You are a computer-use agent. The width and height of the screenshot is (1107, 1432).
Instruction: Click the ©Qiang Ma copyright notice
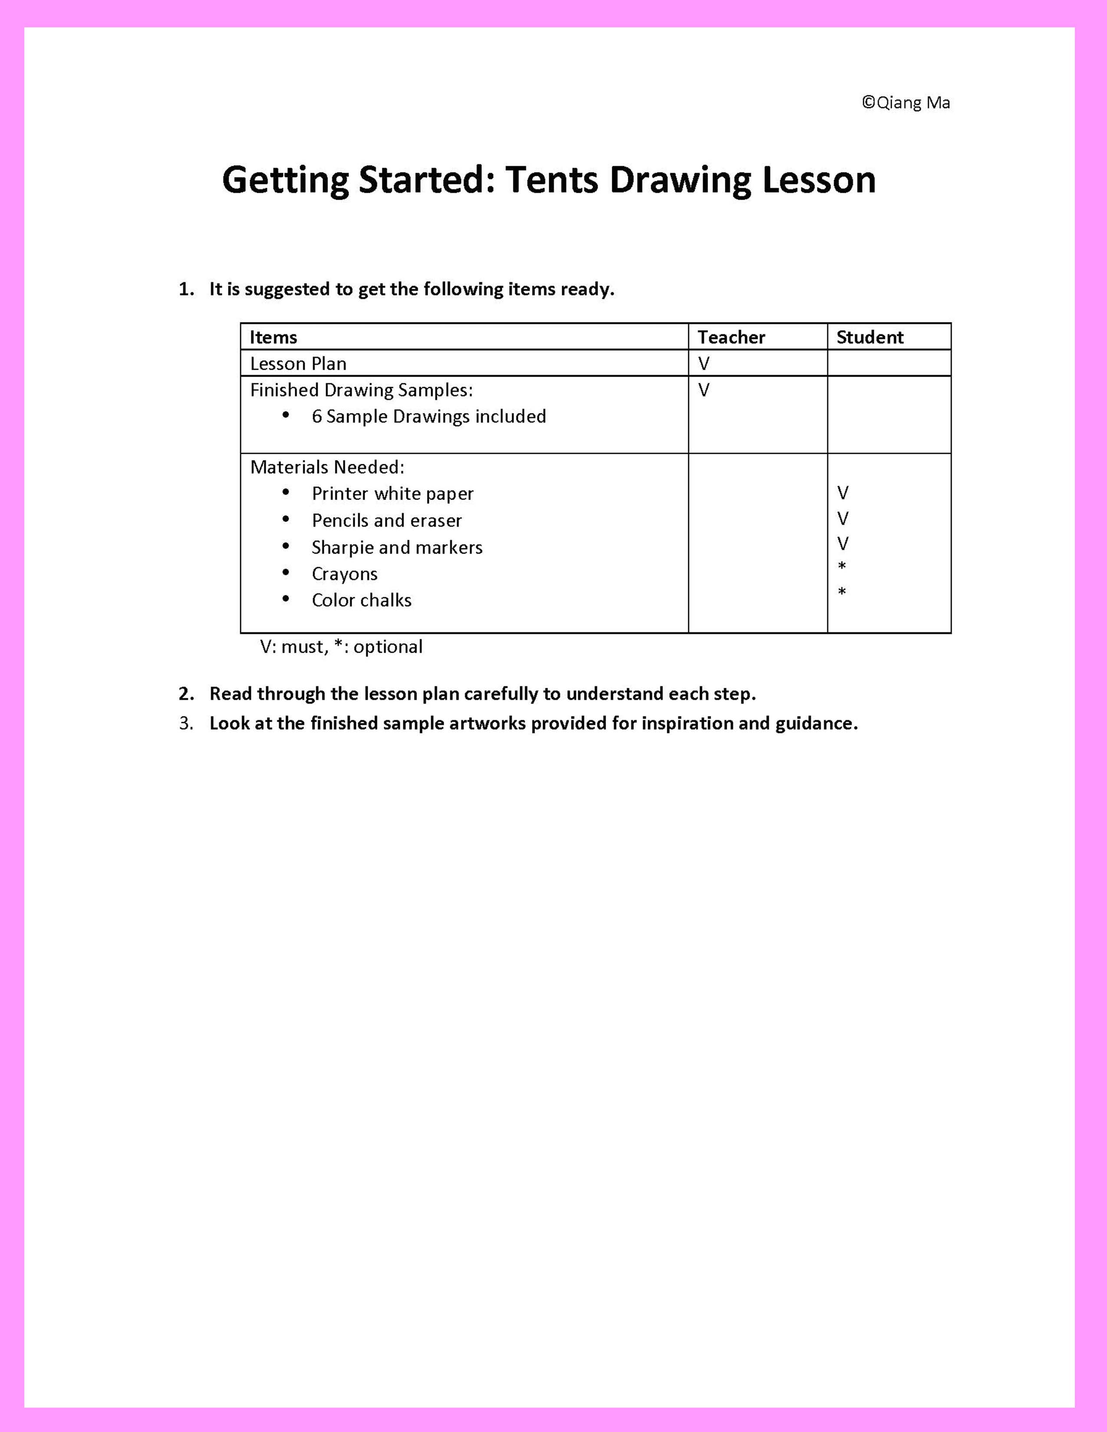point(906,103)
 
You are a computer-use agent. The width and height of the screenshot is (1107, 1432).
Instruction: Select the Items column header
point(273,337)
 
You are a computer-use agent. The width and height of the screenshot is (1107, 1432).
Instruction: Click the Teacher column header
point(731,337)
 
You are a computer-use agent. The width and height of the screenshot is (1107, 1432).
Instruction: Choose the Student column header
point(870,337)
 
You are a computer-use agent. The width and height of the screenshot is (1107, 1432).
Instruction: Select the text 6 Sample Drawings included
point(429,416)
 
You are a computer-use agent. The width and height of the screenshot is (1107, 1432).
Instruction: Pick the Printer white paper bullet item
point(392,494)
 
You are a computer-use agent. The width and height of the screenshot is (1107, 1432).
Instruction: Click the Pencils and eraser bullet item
point(386,521)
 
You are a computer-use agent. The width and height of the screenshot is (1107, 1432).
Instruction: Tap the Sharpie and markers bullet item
point(397,548)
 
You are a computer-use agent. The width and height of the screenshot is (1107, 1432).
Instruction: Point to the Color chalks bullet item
point(361,601)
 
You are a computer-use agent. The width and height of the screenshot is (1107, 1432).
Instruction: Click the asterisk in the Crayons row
point(842,566)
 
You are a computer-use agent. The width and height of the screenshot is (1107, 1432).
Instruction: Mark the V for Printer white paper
point(843,493)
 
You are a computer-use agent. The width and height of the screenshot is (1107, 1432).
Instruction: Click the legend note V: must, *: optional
point(341,647)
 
